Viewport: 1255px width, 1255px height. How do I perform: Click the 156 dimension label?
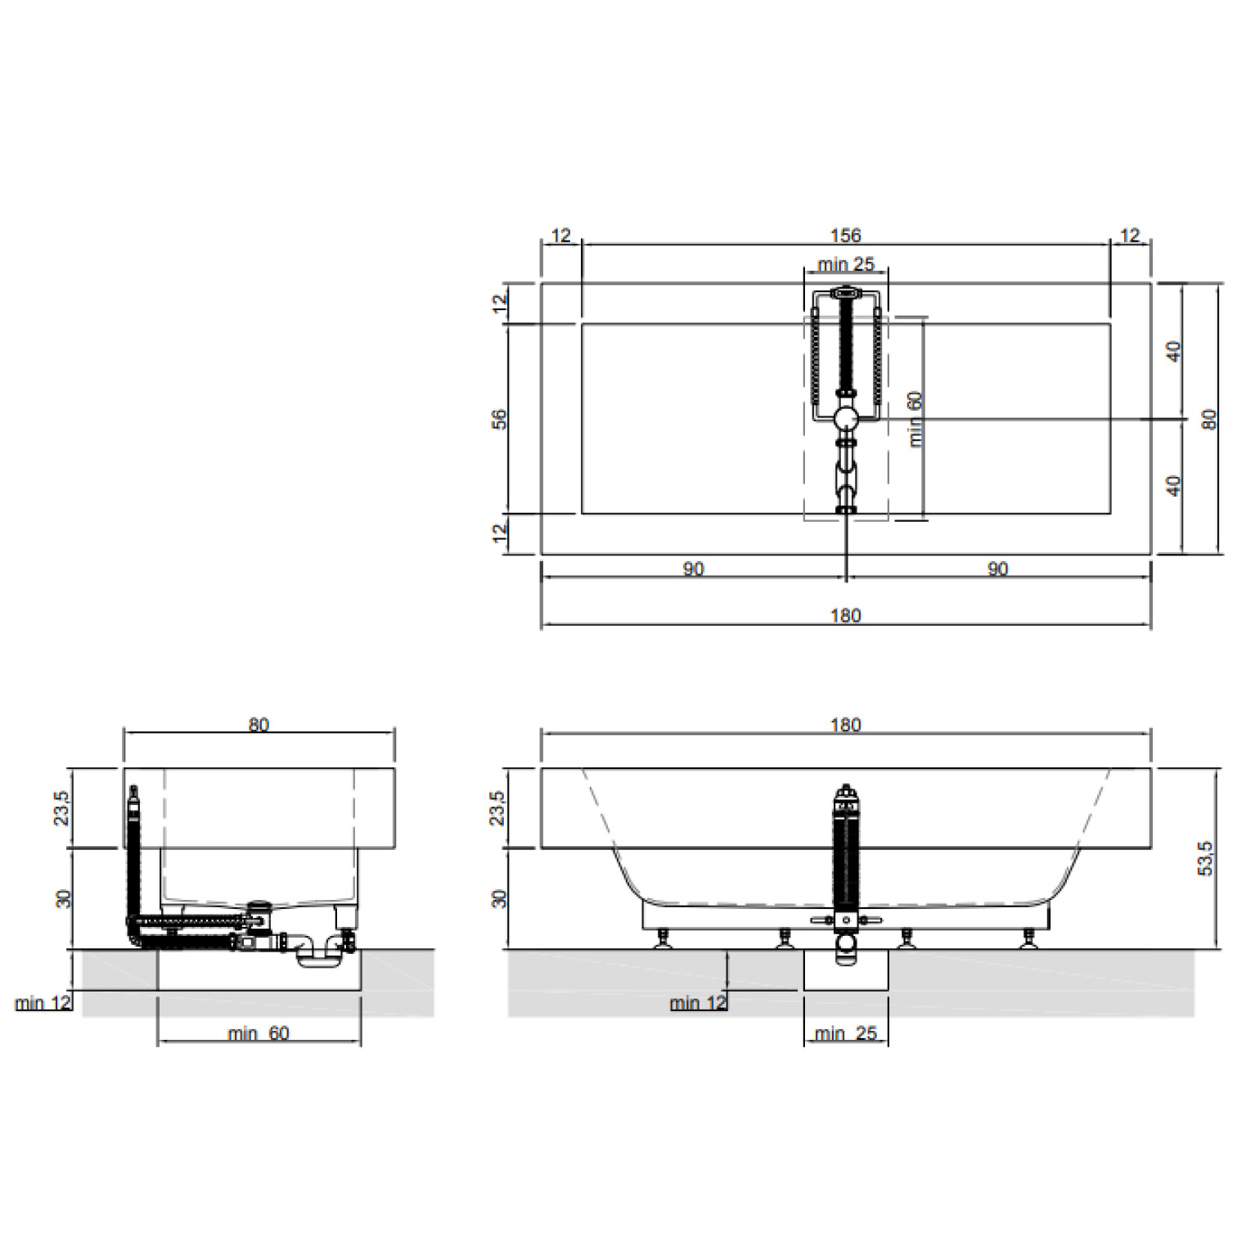pos(845,236)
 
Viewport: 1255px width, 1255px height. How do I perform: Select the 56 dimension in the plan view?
pos(499,420)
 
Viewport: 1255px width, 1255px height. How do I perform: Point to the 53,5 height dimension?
pos(1205,858)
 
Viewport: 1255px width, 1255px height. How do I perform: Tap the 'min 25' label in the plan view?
pos(846,264)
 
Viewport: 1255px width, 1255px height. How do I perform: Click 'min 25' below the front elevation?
pos(846,1033)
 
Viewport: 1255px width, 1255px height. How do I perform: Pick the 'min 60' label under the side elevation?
pos(259,1033)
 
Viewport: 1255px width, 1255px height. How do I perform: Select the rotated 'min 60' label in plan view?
pos(915,419)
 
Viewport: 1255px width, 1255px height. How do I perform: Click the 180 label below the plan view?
pos(845,615)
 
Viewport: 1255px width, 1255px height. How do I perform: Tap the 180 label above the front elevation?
pos(845,725)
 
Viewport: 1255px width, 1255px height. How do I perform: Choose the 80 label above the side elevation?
pos(259,725)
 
